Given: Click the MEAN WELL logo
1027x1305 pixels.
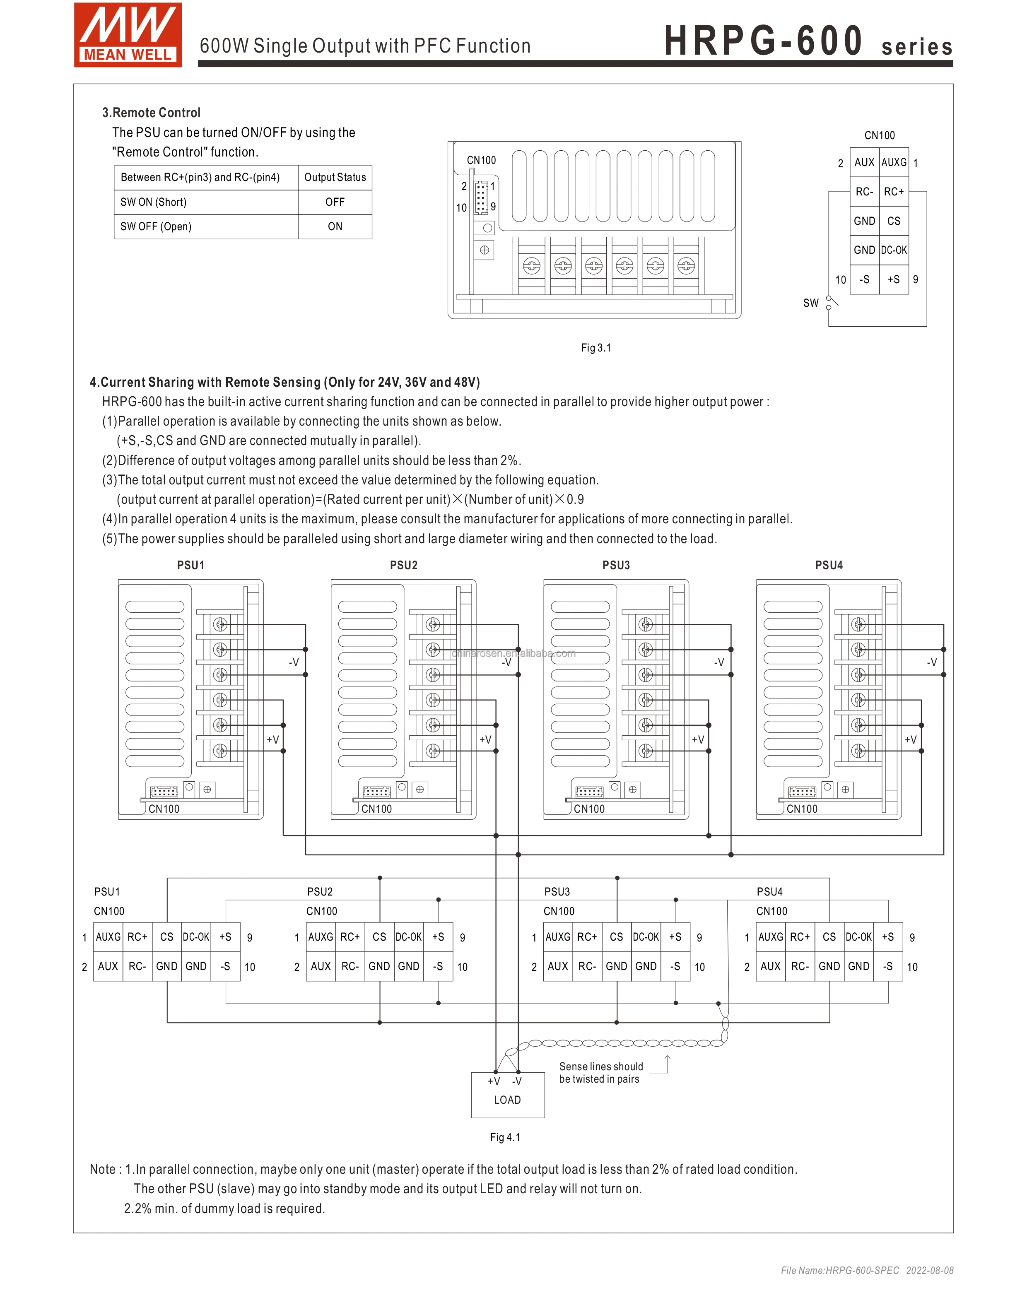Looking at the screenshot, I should click(x=128, y=35).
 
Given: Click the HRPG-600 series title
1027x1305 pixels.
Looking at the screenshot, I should click(x=808, y=41).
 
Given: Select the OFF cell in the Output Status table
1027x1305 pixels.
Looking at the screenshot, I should click(x=335, y=202).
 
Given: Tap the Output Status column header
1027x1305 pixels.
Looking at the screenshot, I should click(x=335, y=177).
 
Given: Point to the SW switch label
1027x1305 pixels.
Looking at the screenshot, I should click(x=810, y=303).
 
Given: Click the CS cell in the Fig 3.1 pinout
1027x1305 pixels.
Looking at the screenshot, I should click(x=894, y=221).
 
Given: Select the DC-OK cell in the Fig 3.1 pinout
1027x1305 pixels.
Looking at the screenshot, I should click(x=894, y=250).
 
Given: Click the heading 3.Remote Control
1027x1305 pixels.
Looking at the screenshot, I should click(x=151, y=112).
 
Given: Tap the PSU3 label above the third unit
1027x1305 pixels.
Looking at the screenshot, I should click(x=616, y=565).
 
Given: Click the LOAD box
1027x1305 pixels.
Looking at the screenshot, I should click(x=507, y=1095).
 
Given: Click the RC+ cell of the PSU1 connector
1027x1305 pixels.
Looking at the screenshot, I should click(x=137, y=937).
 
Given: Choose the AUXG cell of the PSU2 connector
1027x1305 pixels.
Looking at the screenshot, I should click(x=321, y=937).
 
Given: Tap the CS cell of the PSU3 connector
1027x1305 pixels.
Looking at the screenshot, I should click(x=616, y=937).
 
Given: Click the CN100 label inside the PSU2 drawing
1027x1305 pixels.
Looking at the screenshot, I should click(x=376, y=809).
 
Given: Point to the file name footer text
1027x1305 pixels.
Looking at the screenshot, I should click(x=866, y=1270).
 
